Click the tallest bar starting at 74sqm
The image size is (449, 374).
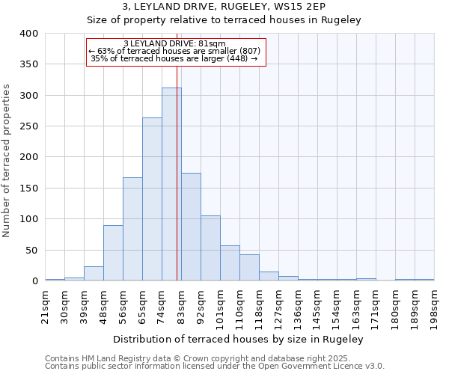(x=171, y=184)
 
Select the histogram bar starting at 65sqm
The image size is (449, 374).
(x=152, y=199)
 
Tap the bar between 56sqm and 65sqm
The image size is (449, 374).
(x=132, y=229)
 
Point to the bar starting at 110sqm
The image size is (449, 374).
(x=249, y=268)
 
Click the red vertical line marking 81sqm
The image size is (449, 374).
(x=177, y=150)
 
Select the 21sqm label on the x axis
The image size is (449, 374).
(x=46, y=305)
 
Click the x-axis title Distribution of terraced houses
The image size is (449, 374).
(x=239, y=339)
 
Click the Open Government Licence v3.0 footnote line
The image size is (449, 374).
(x=215, y=366)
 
